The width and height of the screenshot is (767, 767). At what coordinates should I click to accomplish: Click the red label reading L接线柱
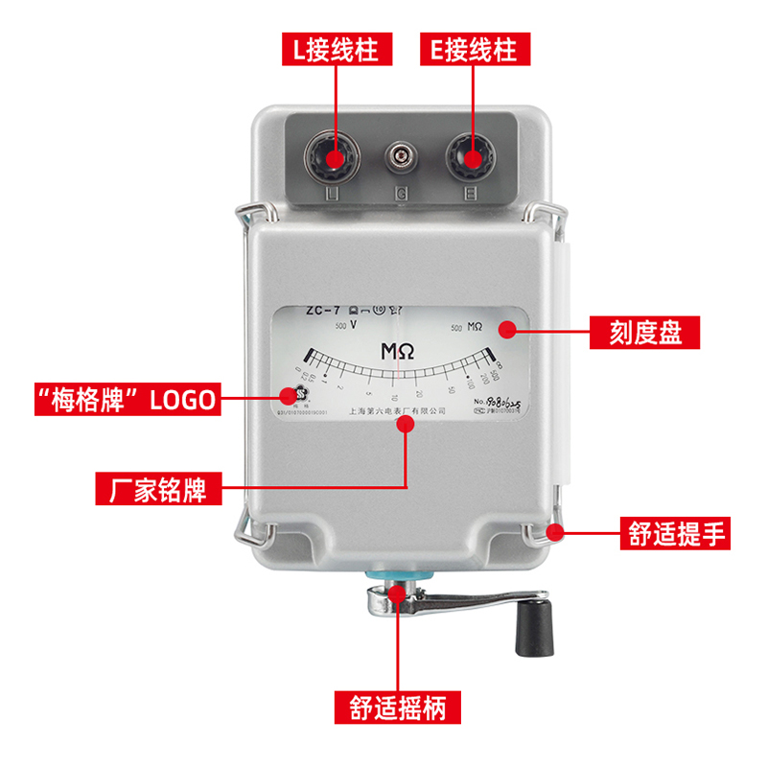click(x=337, y=50)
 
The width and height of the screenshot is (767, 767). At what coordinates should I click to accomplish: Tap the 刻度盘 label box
click(x=644, y=333)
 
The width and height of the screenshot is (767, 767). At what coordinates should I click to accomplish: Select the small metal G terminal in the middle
click(x=401, y=154)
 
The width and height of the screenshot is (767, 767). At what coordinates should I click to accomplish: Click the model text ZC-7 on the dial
click(x=323, y=310)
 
